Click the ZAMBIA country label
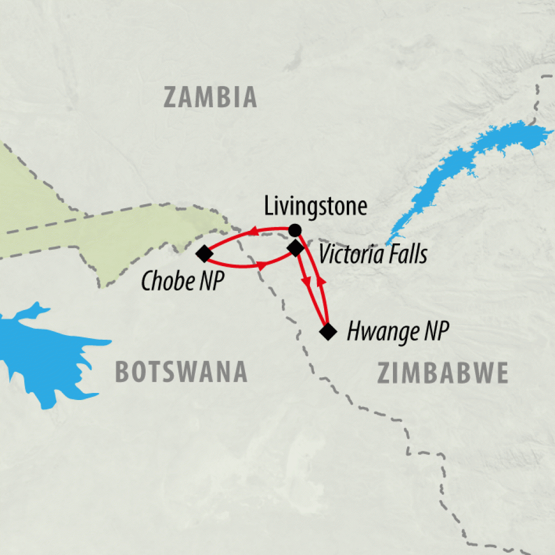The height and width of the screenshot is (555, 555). [210, 98]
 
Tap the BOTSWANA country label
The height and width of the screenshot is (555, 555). [181, 372]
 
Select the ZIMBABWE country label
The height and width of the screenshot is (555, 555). [442, 373]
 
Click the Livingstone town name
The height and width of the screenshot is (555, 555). [316, 206]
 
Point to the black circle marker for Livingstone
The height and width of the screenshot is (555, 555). [294, 230]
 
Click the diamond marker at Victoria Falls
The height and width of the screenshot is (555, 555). [295, 249]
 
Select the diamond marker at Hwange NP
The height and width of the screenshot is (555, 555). [327, 331]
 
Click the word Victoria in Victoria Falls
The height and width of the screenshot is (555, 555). [351, 254]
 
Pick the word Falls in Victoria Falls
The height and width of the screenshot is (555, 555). [407, 254]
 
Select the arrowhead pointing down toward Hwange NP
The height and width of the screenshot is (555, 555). [307, 283]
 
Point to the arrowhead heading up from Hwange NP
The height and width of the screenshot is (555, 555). [320, 282]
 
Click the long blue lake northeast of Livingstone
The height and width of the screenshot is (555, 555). [461, 168]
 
